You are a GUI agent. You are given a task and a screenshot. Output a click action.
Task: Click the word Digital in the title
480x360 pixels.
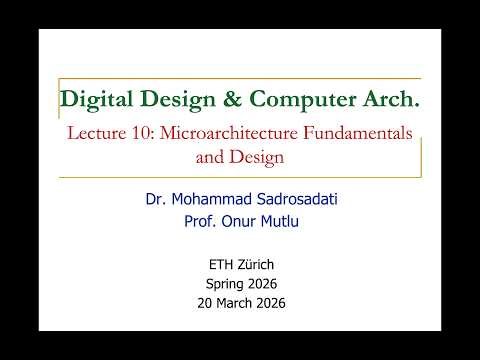97,99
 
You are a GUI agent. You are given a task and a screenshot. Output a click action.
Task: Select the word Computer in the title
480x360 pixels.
301,99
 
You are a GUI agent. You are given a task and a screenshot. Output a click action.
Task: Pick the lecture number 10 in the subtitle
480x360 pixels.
145,133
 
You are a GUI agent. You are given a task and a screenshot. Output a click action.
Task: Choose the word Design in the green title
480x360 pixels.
177,99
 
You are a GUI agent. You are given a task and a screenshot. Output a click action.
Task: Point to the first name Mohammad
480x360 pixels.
215,200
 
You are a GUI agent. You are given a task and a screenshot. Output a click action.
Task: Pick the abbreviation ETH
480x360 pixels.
218,265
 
